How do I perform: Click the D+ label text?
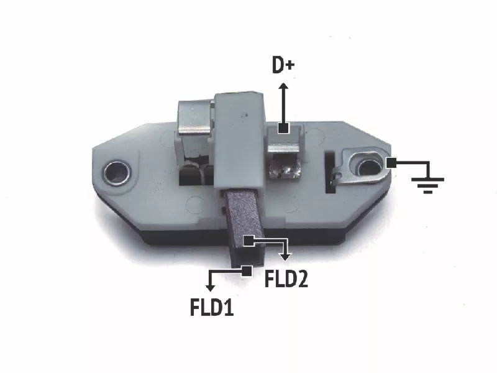click(x=283, y=65)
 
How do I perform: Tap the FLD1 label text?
click(x=212, y=306)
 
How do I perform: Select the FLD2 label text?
click(x=286, y=279)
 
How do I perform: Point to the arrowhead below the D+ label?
click(x=283, y=86)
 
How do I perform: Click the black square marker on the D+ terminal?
click(x=283, y=128)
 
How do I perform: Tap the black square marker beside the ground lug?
click(x=391, y=163)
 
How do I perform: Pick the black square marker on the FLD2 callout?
click(x=249, y=241)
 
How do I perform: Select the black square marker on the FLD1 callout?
click(x=247, y=271)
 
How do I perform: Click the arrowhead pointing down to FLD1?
click(x=210, y=288)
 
